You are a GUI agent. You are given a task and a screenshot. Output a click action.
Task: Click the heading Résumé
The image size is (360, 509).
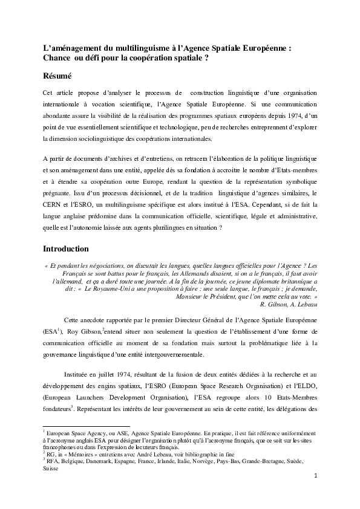57,77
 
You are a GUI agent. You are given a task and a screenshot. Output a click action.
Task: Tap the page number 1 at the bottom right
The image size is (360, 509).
316,476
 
